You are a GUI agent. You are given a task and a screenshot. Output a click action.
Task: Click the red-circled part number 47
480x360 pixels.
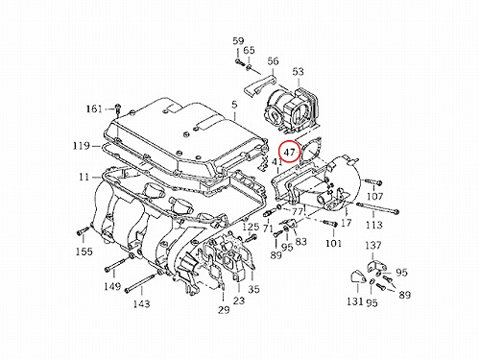coord(289,152)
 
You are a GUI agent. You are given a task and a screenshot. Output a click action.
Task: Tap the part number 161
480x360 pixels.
coord(94,109)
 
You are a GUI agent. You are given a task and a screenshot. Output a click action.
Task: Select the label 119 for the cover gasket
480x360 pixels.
coord(82,146)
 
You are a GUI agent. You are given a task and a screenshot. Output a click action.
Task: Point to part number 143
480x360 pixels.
coord(141,303)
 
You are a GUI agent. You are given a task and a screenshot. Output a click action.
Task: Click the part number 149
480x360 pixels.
coord(112,286)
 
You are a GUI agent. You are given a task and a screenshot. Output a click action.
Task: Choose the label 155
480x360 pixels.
coord(84,252)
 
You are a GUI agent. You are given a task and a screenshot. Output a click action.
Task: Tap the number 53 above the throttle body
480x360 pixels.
coord(298,72)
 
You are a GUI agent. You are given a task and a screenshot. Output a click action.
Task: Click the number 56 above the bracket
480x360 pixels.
coord(273,60)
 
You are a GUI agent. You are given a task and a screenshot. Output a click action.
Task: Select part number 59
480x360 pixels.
coord(238,41)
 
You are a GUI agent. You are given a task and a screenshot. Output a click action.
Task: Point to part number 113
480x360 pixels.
coord(373,225)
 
